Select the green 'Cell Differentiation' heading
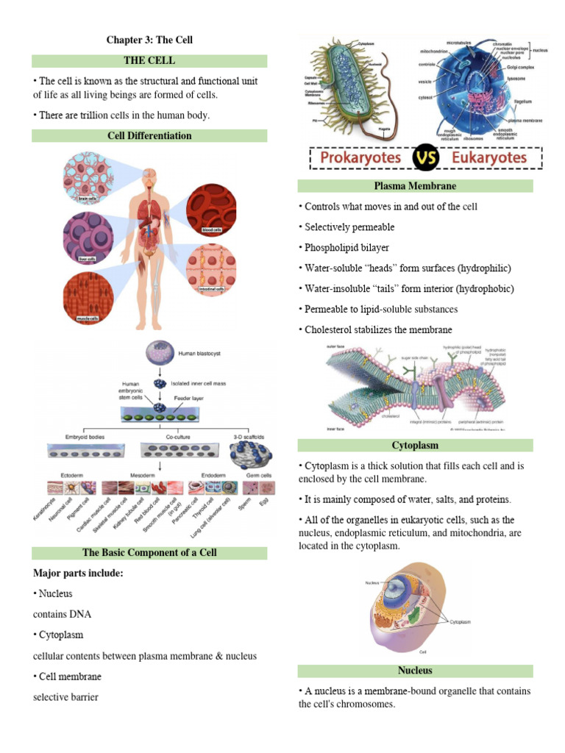coord(149,135)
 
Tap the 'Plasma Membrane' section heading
coord(415,186)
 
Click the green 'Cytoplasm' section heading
coord(415,446)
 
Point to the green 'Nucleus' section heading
coord(415,670)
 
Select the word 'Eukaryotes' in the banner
coord(478,157)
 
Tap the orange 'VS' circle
coord(417,157)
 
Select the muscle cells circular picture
coord(89,297)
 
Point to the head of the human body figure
coord(150,176)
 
